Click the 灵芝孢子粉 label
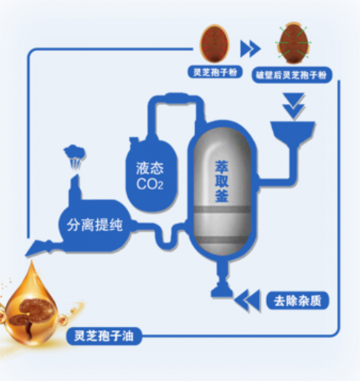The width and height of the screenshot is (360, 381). [215, 72]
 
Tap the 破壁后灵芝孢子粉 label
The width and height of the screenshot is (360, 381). [292, 75]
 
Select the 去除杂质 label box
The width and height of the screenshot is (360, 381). [297, 300]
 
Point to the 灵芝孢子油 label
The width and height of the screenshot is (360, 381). [104, 336]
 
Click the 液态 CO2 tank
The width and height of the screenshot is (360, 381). [150, 175]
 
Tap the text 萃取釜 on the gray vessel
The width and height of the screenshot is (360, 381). [222, 181]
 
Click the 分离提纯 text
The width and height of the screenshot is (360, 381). [95, 225]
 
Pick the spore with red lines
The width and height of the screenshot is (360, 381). [215, 44]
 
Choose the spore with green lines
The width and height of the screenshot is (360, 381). [294, 42]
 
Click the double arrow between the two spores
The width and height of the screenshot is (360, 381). [251, 48]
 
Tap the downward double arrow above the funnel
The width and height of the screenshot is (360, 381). [294, 105]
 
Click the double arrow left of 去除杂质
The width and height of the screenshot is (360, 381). [247, 300]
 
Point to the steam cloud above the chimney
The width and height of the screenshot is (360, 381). [75, 156]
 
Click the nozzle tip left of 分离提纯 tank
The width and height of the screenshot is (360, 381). [26, 255]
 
